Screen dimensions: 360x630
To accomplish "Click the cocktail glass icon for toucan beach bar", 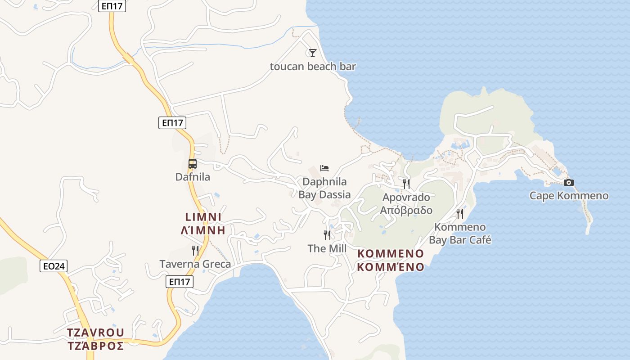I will [313, 53].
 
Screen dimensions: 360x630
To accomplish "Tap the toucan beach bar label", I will [313, 67].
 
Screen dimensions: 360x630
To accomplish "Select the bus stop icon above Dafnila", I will [193, 164].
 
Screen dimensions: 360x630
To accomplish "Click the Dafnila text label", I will [193, 177].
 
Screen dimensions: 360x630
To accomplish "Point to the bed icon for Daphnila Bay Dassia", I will [324, 168].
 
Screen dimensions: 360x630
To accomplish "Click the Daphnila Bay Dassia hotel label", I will [324, 188].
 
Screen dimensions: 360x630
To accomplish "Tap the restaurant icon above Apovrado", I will [406, 184].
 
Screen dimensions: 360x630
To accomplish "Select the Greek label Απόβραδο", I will [406, 210].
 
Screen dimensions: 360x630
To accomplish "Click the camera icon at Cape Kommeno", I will [569, 182].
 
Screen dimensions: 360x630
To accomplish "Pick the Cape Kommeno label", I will [569, 196].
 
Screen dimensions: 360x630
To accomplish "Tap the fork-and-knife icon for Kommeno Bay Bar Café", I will [460, 213].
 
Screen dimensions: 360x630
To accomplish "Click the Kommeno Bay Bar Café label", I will [460, 233].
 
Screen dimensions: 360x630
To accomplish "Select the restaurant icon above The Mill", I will [327, 235].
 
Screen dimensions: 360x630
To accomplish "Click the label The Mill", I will [327, 248].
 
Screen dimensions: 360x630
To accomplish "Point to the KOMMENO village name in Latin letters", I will [391, 254].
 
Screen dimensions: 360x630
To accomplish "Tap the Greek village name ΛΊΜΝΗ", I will [202, 230].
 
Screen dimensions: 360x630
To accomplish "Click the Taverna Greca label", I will [195, 264].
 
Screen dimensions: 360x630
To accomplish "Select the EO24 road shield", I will [54, 266].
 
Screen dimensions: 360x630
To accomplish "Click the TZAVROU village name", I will [95, 333].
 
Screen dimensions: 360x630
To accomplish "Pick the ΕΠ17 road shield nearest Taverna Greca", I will [180, 282].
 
